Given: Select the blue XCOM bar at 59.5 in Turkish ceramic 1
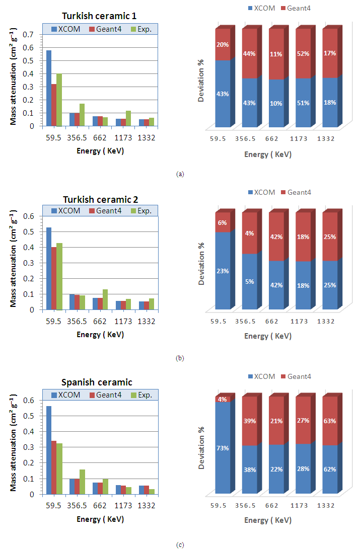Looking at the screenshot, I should click(49, 88).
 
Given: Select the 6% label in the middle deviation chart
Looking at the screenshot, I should click(223, 223).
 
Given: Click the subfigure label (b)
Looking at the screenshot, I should click(180, 358).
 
